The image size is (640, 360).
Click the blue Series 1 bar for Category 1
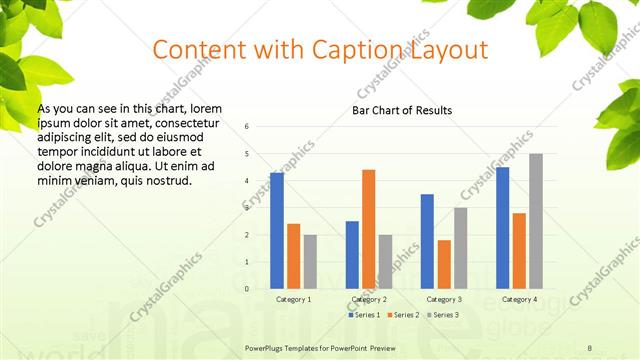click(x=277, y=231)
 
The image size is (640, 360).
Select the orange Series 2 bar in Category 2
click(x=369, y=229)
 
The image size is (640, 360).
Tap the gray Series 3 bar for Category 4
click(x=536, y=221)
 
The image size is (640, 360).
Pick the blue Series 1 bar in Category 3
click(x=427, y=241)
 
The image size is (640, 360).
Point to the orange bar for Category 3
click(x=444, y=264)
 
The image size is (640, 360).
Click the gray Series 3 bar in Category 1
click(x=310, y=262)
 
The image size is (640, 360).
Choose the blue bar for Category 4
click(x=502, y=228)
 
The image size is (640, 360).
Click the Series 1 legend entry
click(x=363, y=315)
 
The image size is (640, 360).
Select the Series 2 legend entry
click(x=402, y=315)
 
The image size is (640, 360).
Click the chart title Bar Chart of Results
click(x=401, y=110)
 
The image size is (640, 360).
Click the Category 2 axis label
click(x=369, y=299)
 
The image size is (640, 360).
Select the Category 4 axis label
click(x=519, y=299)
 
